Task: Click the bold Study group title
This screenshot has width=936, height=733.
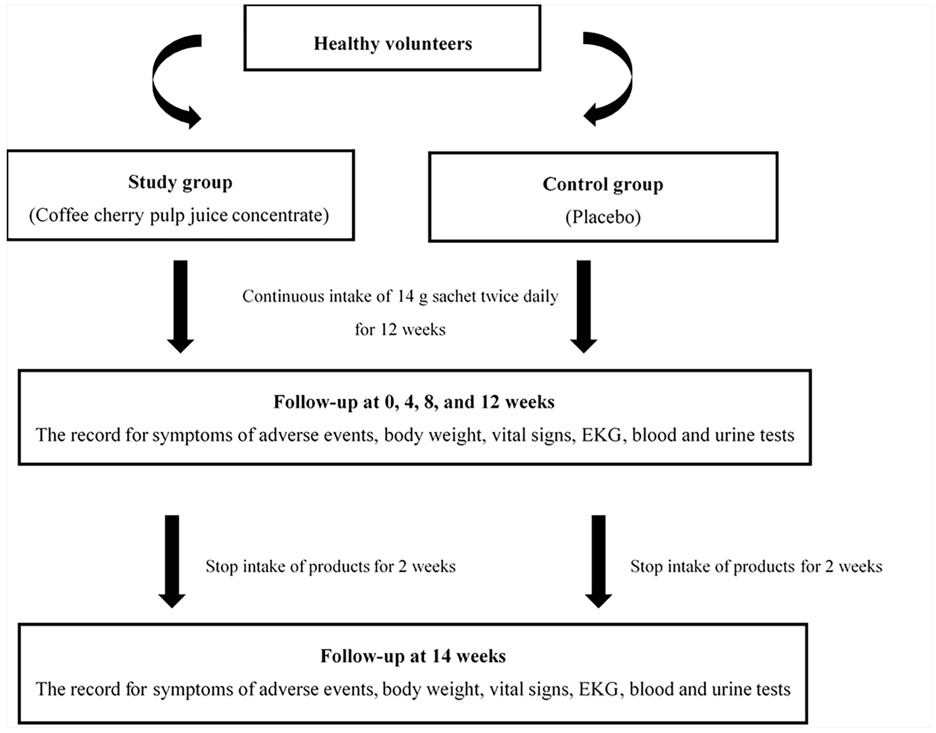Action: (180, 182)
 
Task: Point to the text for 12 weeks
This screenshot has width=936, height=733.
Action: (400, 330)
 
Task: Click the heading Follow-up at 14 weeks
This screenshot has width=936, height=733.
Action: (413, 656)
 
